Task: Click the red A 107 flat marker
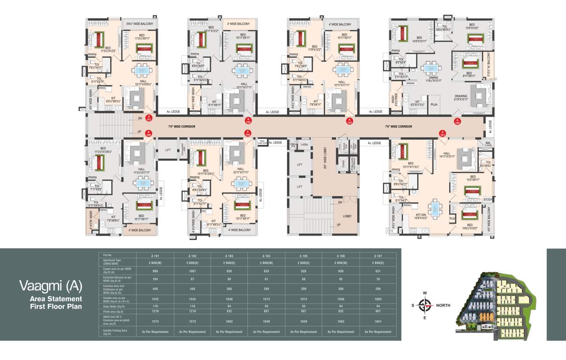(149, 118)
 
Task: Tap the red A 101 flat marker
(441, 134)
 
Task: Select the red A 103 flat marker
(349, 121)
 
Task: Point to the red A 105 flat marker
(248, 121)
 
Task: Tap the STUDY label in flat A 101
(488, 200)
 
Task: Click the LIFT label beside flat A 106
(168, 150)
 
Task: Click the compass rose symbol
(425, 305)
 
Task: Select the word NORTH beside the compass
(444, 305)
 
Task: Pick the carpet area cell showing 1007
(192, 270)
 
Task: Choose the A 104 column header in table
(266, 256)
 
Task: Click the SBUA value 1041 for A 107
(377, 322)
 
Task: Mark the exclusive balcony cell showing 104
(155, 279)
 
